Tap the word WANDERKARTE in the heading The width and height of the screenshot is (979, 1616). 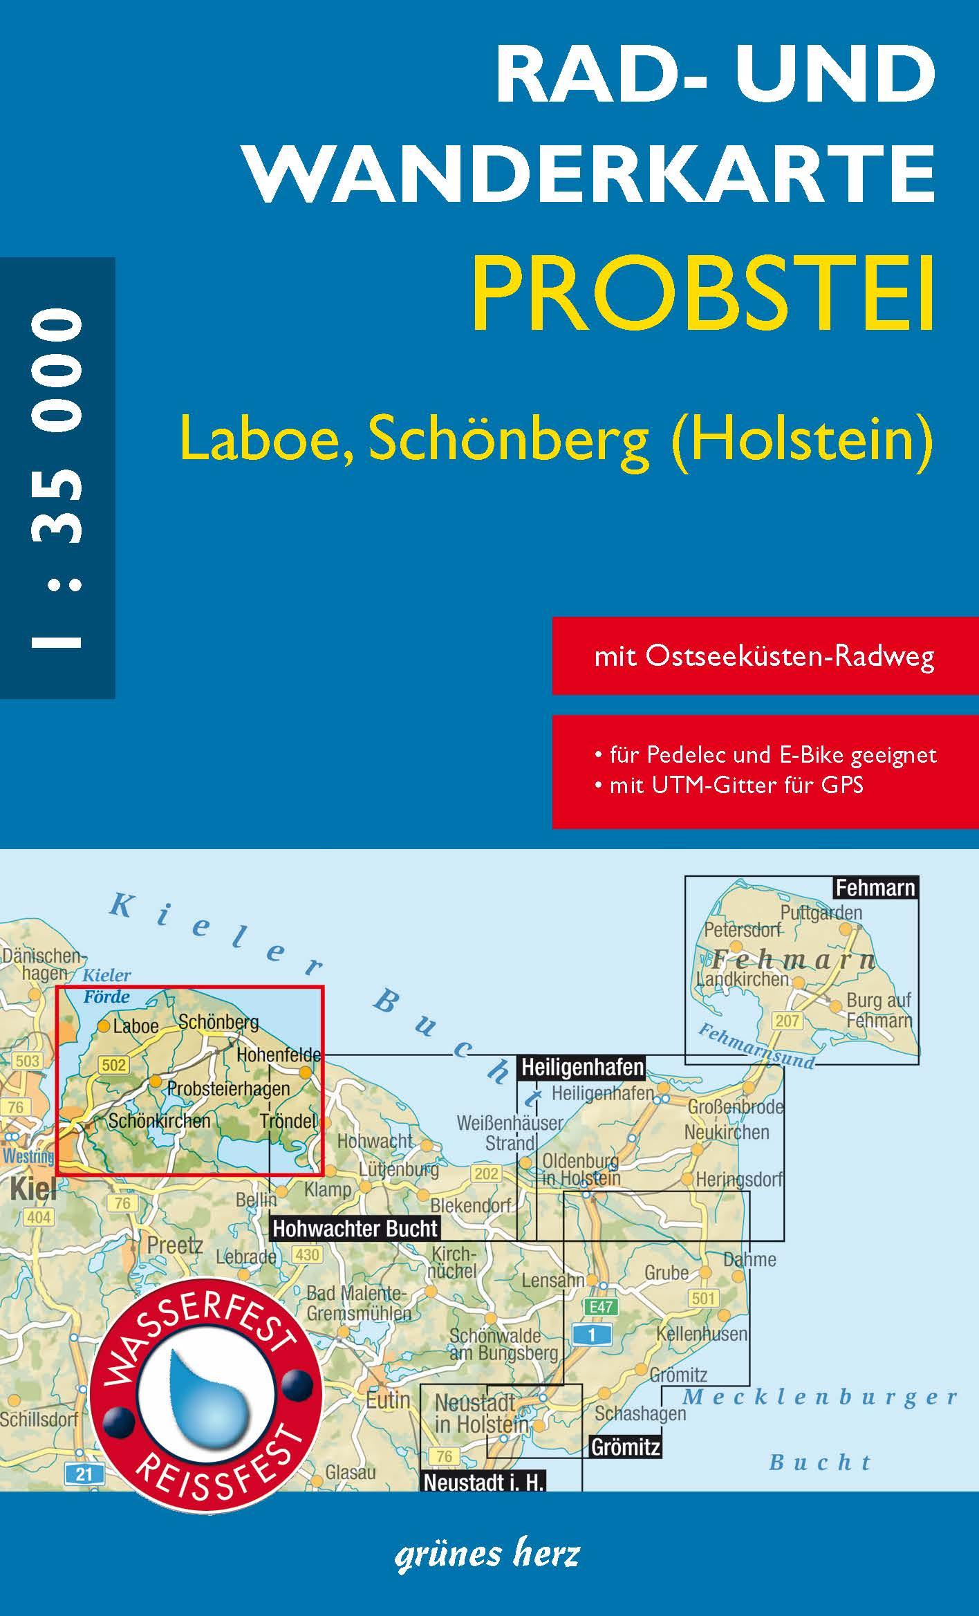tap(591, 174)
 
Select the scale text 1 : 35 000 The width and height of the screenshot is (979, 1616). tap(57, 478)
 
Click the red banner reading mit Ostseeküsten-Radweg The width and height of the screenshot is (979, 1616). tap(764, 656)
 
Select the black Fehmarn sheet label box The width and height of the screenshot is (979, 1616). tap(875, 887)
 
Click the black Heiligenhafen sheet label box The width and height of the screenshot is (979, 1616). tap(581, 1067)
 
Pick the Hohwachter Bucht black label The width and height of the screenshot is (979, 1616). tap(355, 1228)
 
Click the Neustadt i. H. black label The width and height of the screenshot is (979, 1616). tap(483, 1481)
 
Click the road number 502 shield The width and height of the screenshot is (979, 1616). tap(113, 1064)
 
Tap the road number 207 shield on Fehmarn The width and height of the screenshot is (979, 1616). tap(787, 1020)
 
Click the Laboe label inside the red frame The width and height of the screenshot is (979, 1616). tap(136, 1026)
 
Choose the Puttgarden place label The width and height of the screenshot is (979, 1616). tap(821, 912)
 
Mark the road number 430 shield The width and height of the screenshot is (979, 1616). tap(307, 1254)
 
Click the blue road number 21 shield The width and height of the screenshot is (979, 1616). tap(84, 1474)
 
